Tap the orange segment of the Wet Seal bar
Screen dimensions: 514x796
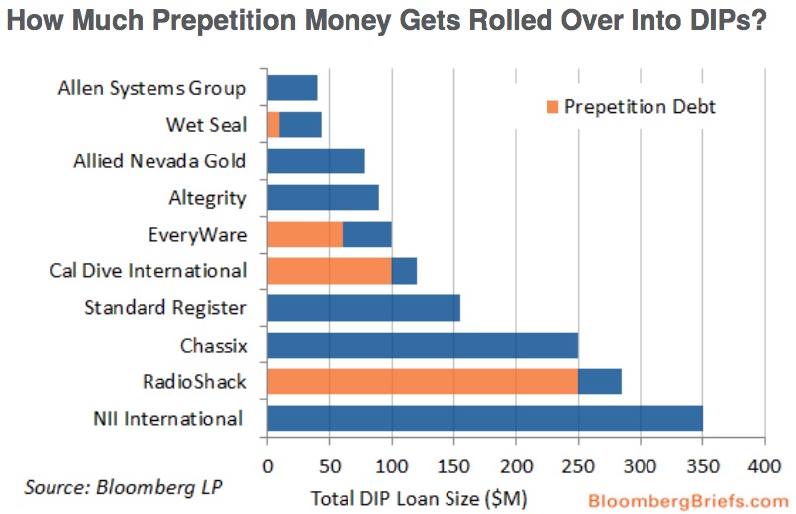click(273, 124)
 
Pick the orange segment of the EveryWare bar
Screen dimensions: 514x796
click(305, 234)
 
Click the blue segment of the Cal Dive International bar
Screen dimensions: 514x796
click(404, 270)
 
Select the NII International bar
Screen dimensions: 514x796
click(485, 418)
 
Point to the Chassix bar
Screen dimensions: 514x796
click(423, 345)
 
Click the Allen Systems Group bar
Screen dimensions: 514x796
click(292, 87)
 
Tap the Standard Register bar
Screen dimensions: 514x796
click(363, 308)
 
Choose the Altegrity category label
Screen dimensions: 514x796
click(206, 197)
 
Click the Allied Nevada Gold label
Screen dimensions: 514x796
click(159, 160)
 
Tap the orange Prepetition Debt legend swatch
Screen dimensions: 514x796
click(551, 106)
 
